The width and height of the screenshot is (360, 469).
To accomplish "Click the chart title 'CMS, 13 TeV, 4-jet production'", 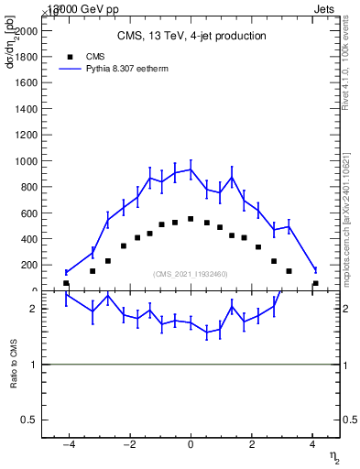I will (191, 37).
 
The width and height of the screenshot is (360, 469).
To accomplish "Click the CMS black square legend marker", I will (68, 55).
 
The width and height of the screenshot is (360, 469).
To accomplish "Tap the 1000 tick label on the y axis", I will (26, 160).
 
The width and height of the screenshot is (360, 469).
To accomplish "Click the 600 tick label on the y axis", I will (28, 213).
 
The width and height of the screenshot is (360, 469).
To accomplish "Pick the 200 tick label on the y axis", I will (28, 265).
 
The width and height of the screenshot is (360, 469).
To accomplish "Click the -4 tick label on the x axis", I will (66, 445).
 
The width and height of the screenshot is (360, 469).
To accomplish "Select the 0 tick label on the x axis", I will (191, 445).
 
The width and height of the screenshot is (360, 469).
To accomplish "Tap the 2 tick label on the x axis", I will (252, 445).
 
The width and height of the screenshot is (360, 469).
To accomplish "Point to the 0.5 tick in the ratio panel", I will (27, 420).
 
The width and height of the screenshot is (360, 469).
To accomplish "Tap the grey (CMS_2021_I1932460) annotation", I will (191, 274).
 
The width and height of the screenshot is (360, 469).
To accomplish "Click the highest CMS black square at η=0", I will (191, 219).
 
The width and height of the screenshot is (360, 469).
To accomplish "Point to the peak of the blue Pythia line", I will (191, 169).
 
